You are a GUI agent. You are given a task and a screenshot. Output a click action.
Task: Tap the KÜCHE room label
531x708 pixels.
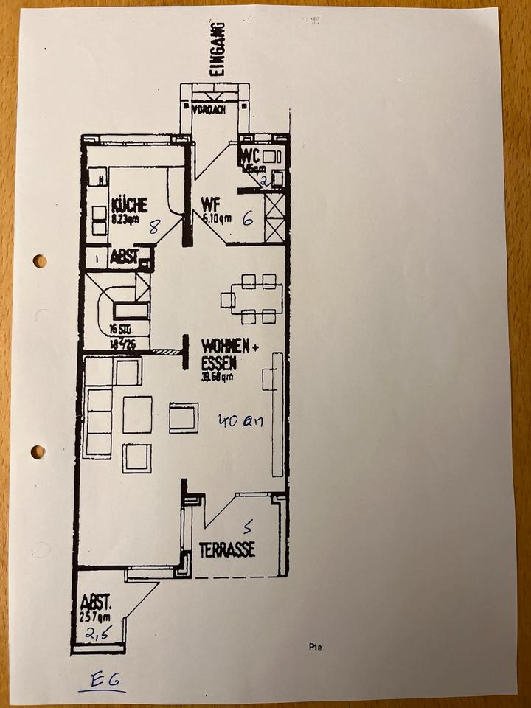pyautogui.click(x=129, y=205)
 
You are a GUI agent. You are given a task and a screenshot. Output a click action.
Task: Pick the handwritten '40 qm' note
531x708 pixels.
pyautogui.click(x=240, y=421)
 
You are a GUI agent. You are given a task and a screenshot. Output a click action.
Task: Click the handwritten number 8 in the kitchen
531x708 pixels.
pyautogui.click(x=154, y=226)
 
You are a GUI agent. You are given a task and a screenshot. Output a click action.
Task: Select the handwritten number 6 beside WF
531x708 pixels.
pyautogui.click(x=248, y=218)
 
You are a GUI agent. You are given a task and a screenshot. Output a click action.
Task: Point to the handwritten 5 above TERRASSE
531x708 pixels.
pyautogui.click(x=248, y=527)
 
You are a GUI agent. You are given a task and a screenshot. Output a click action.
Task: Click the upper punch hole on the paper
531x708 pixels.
pyautogui.click(x=39, y=261)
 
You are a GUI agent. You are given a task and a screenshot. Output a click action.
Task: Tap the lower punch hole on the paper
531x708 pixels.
pyautogui.click(x=38, y=451)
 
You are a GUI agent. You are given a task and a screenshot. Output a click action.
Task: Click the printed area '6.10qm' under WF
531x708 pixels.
pyautogui.click(x=217, y=218)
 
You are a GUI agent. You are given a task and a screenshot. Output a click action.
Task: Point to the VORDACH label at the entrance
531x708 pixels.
pyautogui.click(x=209, y=111)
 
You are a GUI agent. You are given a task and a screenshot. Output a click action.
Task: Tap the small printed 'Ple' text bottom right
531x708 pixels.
pyautogui.click(x=315, y=648)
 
